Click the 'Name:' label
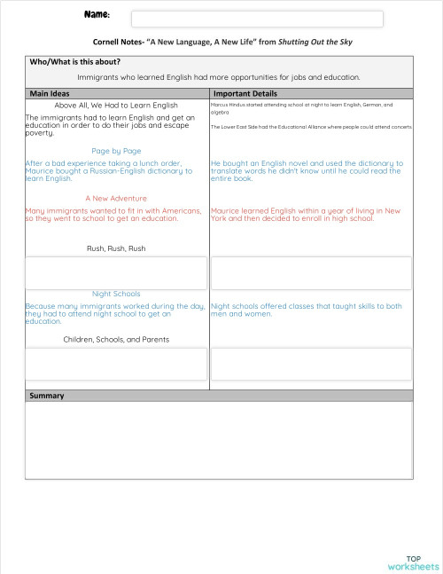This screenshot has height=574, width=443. [x=97, y=15]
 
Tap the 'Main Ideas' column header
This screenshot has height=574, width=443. [x=51, y=93]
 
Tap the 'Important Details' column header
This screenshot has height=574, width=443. [x=245, y=93]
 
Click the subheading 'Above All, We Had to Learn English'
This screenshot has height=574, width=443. [x=116, y=105]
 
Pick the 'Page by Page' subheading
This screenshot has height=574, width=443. [x=116, y=151]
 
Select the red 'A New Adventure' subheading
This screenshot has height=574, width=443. [x=116, y=198]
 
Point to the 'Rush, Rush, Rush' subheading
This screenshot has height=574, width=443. [x=116, y=248]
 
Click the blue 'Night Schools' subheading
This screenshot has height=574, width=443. [x=116, y=294]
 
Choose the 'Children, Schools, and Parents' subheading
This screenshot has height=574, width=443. [x=116, y=339]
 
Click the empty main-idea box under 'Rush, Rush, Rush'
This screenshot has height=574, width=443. [x=116, y=272]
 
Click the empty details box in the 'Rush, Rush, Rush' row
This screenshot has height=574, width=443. [x=311, y=272]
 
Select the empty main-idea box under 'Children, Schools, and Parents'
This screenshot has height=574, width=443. [x=116, y=364]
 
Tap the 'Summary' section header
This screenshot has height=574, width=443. [x=47, y=395]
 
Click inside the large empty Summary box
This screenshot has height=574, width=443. [x=219, y=440]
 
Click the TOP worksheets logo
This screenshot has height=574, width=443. [x=413, y=562]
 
